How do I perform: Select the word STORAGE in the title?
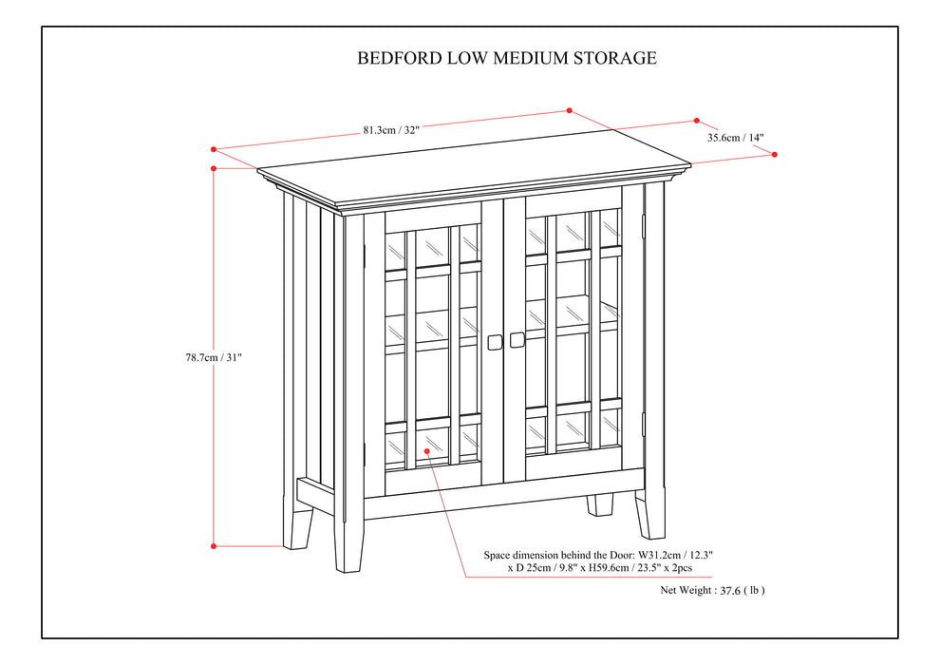(614, 58)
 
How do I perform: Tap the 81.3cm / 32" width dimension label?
(390, 130)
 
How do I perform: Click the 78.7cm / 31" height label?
(214, 357)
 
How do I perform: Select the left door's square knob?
(495, 340)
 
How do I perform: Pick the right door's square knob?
(517, 339)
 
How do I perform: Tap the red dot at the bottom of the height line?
(214, 546)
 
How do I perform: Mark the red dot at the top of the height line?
(214, 168)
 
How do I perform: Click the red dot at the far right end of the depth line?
(775, 154)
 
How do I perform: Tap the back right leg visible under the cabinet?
(599, 503)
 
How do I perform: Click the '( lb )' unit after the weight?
(753, 590)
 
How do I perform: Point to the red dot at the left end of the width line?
(214, 149)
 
